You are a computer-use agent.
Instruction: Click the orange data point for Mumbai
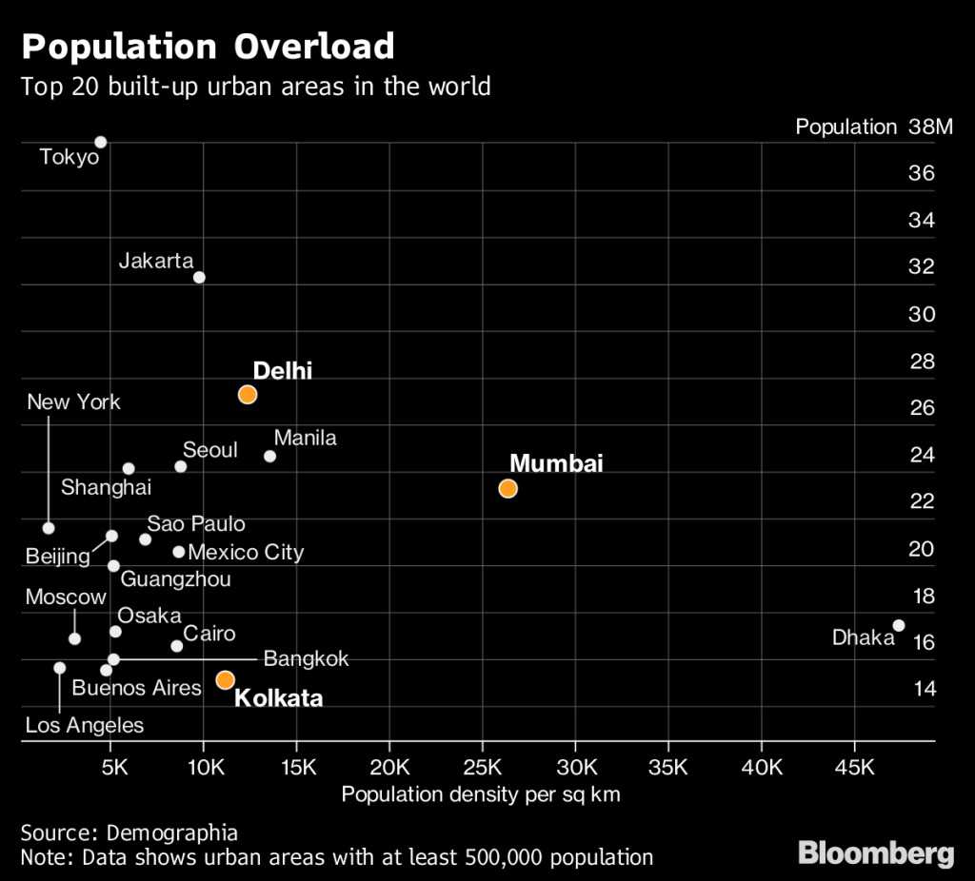(x=507, y=489)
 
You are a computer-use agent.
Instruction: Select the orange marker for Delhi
(x=248, y=395)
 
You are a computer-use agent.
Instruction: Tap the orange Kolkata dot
(x=225, y=679)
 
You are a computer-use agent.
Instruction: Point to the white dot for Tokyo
(x=101, y=143)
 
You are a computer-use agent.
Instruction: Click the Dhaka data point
(x=898, y=625)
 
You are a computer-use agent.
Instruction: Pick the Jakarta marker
(x=199, y=277)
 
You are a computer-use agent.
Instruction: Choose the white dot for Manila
(x=269, y=457)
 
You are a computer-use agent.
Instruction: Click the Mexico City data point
(x=178, y=552)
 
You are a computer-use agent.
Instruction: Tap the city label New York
(x=73, y=401)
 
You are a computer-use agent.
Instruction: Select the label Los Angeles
(x=85, y=726)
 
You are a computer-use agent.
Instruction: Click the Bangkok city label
(x=306, y=658)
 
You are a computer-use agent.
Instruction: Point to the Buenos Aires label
(x=137, y=688)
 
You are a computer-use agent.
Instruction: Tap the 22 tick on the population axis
(x=923, y=501)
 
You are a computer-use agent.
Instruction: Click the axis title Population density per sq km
(x=481, y=794)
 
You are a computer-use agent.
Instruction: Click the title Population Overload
(x=208, y=46)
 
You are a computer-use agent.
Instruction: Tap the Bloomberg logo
(x=875, y=852)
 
